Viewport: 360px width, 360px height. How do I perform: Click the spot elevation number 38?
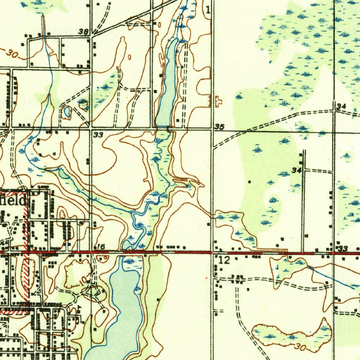pos(84,32)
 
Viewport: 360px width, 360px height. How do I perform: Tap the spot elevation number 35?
pos(219,127)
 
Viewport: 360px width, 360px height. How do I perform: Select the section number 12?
pos(224,261)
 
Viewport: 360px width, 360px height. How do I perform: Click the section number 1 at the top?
pos(208,10)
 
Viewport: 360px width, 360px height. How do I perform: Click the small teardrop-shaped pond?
pos(66,112)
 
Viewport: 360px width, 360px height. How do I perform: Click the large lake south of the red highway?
pos(121,309)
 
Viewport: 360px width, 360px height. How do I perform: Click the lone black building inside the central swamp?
pos(249,182)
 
